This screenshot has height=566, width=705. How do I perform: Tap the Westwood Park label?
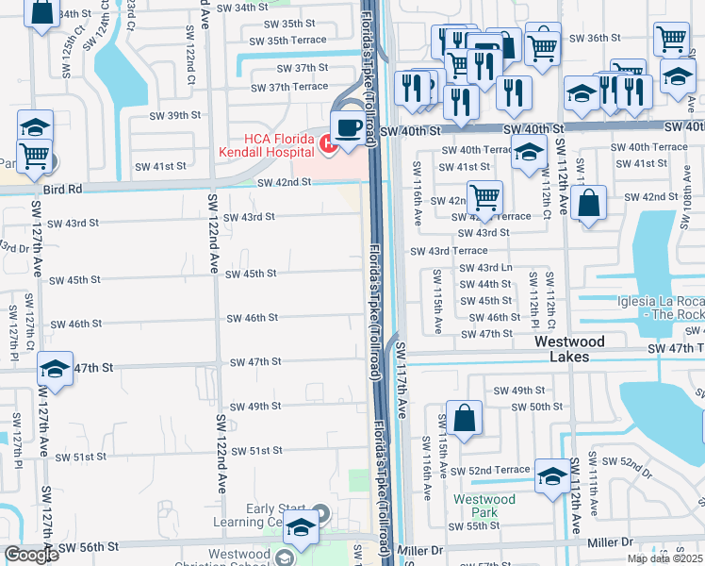tap(484, 506)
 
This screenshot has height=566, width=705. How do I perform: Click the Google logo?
tap(31, 555)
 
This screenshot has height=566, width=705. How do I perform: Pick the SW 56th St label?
tap(88, 547)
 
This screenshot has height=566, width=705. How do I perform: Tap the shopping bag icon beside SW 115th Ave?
tap(465, 418)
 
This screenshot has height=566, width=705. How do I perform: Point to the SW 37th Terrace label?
tap(285, 87)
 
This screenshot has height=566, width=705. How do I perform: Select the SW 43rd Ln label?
tap(486, 268)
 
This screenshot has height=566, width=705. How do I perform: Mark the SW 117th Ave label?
tap(401, 381)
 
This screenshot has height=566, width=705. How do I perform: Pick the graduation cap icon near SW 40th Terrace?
tap(530, 151)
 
